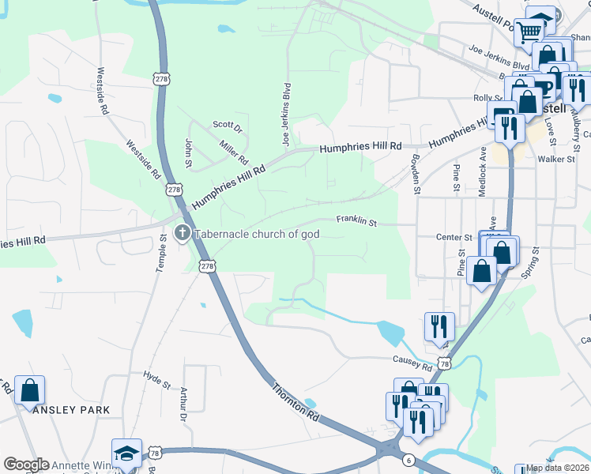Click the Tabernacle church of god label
258,234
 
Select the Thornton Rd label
295,402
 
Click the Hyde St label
156,380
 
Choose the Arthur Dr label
183,404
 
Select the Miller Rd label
234,148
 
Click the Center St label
454,236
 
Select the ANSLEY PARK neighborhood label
71,410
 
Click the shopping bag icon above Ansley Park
30,390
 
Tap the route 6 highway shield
408,459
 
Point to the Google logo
26,465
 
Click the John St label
189,148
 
